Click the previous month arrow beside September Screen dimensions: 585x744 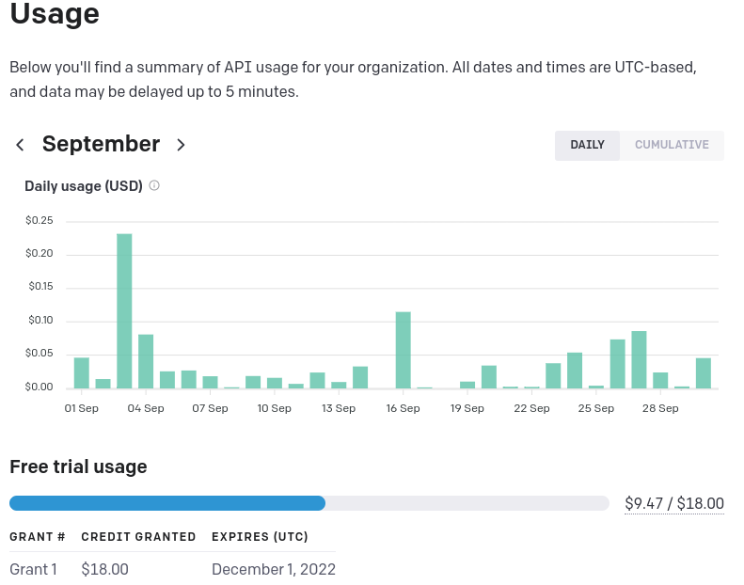pyautogui.click(x=20, y=145)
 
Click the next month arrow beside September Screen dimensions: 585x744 pyautogui.click(x=182, y=145)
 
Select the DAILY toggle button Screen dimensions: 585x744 pyautogui.click(x=587, y=145)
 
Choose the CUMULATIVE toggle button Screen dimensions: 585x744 pyautogui.click(x=672, y=145)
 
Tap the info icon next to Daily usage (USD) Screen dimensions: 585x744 pyautogui.click(x=154, y=185)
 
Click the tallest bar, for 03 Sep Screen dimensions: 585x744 pyautogui.click(x=124, y=310)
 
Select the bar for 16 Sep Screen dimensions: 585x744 pyautogui.click(x=404, y=349)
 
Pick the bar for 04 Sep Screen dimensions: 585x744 pyautogui.click(x=146, y=361)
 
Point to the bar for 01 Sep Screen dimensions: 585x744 pyautogui.click(x=82, y=372)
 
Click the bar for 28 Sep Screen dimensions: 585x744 pyautogui.click(x=639, y=359)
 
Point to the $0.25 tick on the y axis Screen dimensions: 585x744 pyautogui.click(x=40, y=221)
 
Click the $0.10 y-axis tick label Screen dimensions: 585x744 pyautogui.click(x=40, y=321)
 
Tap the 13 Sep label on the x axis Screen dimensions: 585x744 pyautogui.click(x=339, y=408)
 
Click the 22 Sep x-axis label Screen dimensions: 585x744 pyautogui.click(x=531, y=408)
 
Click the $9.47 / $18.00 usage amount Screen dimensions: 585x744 pyautogui.click(x=674, y=503)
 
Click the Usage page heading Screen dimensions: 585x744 pyautogui.click(x=54, y=15)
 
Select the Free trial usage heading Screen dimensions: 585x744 pyautogui.click(x=78, y=466)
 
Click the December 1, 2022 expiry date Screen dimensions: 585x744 pyautogui.click(x=274, y=569)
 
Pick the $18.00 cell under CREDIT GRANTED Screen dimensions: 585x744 pyautogui.click(x=104, y=569)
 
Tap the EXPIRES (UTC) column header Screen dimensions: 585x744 pyautogui.click(x=260, y=537)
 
